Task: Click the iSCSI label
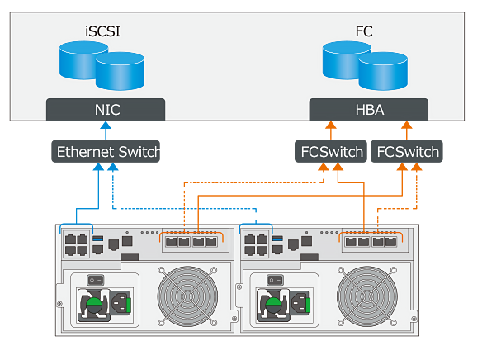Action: [102, 31]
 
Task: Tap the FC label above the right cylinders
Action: [364, 31]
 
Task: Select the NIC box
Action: [106, 110]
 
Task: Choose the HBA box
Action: [369, 110]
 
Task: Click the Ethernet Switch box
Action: [106, 152]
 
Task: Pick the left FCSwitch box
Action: [331, 152]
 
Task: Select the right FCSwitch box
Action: [407, 152]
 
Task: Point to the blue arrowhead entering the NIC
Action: [106, 126]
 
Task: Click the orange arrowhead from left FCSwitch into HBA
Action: [331, 126]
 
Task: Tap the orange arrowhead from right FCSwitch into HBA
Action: [407, 126]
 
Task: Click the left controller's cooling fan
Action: [187, 296]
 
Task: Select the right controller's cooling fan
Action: [367, 296]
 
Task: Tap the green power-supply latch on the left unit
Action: [93, 305]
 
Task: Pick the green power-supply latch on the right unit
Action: [273, 305]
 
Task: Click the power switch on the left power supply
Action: [96, 280]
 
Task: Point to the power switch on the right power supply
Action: [276, 280]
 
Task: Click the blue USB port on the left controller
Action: [98, 239]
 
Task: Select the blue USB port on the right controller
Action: [277, 239]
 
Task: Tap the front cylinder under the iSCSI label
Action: [120, 71]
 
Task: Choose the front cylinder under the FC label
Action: [383, 71]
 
